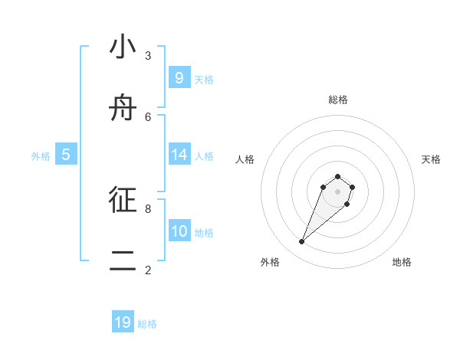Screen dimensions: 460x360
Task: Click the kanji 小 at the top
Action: point(123,47)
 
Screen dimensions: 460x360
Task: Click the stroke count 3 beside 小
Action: point(148,55)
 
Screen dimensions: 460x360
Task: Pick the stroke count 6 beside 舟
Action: point(148,116)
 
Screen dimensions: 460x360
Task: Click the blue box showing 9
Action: point(179,77)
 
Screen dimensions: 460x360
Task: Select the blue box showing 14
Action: point(179,155)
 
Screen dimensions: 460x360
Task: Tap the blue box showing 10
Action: point(179,231)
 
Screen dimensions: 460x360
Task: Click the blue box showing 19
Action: point(123,322)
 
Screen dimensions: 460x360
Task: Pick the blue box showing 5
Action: point(66,155)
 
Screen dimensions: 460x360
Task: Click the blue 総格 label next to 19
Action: point(147,324)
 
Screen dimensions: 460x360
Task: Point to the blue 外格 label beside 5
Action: point(41,156)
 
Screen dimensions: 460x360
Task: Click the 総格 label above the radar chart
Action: point(337,100)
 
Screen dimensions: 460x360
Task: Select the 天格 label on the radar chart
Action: point(431,159)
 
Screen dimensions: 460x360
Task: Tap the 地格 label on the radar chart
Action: point(402,262)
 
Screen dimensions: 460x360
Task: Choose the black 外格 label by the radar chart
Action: point(270,262)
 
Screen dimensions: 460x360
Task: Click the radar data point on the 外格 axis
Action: point(302,242)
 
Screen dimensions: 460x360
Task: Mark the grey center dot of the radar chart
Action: point(337,191)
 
